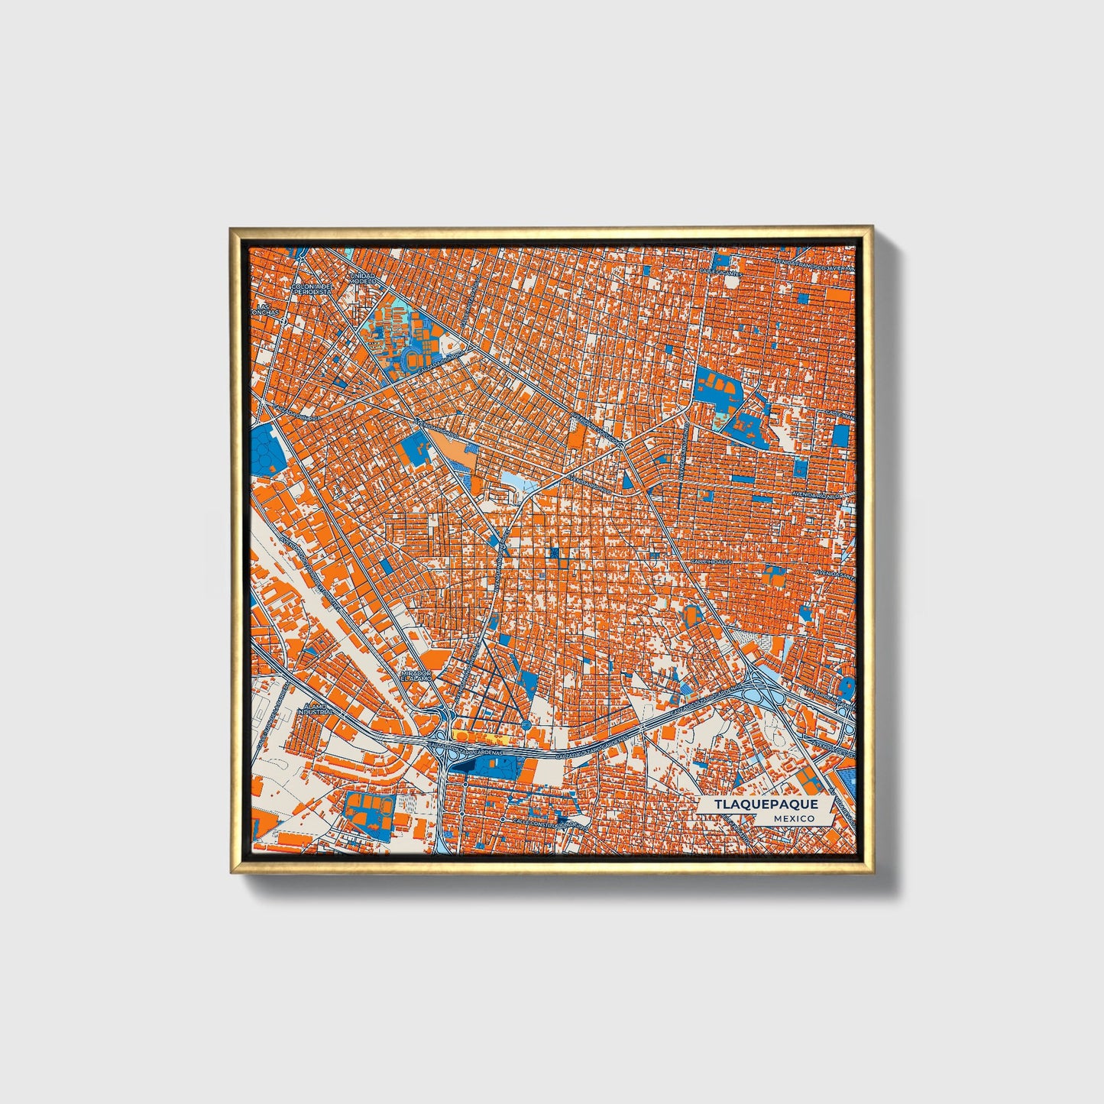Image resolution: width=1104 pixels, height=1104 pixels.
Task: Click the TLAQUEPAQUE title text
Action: (766, 805)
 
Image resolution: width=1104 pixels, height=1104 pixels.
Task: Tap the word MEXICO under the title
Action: (792, 818)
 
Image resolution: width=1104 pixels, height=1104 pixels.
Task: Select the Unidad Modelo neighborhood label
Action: (363, 278)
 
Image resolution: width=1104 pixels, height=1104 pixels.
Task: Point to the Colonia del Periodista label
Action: (312, 289)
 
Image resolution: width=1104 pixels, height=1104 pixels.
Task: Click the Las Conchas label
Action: (264, 309)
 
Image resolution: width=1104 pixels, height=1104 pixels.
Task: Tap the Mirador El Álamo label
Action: (417, 676)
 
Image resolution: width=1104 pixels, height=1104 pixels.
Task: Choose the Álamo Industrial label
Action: (315, 708)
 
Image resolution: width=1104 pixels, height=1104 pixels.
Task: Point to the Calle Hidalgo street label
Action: (711, 562)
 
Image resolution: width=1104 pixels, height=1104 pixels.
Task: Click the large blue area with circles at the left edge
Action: (266, 451)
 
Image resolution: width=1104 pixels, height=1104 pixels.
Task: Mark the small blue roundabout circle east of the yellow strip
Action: (526, 724)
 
